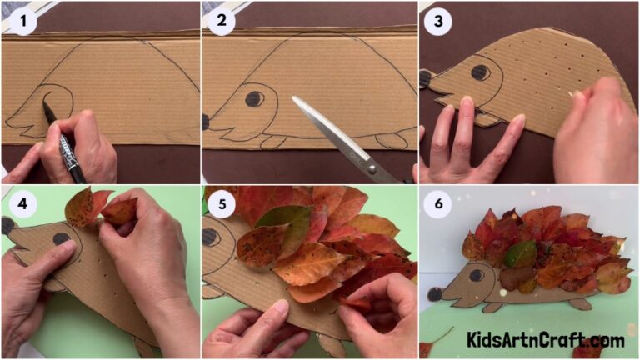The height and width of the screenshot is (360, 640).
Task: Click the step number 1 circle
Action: tap(22, 21)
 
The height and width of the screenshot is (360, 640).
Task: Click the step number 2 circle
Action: tap(222, 21)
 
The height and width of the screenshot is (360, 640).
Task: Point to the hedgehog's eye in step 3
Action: tap(480, 72)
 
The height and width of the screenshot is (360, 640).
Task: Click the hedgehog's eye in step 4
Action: tap(61, 239)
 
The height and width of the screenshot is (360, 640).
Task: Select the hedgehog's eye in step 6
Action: tap(476, 274)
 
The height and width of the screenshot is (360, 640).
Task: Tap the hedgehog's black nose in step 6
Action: tap(434, 293)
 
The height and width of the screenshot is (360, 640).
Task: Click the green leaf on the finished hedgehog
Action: tap(520, 253)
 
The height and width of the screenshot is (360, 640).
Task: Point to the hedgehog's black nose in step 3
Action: tap(425, 79)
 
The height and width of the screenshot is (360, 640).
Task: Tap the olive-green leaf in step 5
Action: tap(284, 225)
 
